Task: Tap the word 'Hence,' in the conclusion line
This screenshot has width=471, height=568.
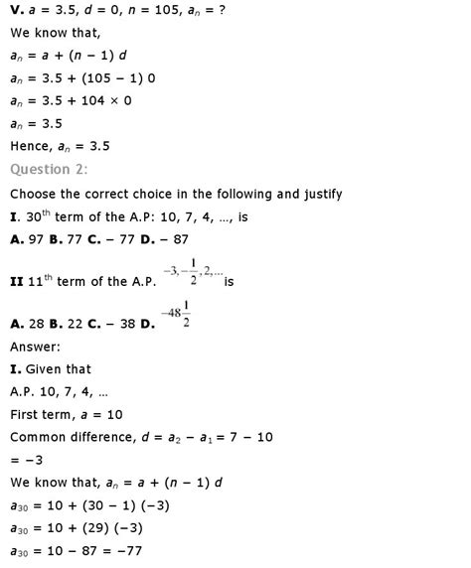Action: pos(32,144)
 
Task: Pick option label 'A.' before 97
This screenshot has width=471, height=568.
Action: pos(16,238)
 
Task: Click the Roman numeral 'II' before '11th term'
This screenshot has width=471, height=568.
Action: pos(16,282)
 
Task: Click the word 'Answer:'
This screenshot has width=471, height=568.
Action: pos(36,347)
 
